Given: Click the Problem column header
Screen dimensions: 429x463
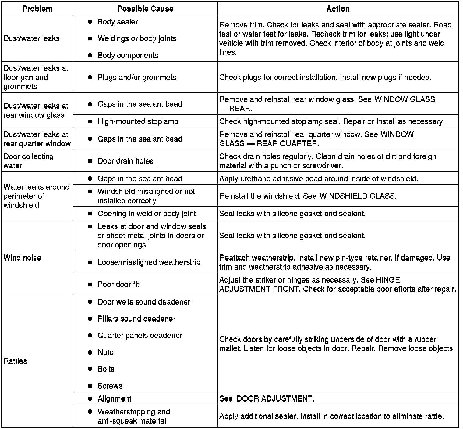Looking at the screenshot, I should click(x=37, y=9).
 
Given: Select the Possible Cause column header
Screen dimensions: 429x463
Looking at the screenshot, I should click(x=145, y=9).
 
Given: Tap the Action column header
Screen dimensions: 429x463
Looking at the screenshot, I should click(x=338, y=9).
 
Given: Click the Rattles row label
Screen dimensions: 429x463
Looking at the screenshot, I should click(x=16, y=361).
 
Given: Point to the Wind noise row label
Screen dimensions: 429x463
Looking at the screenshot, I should click(x=22, y=258).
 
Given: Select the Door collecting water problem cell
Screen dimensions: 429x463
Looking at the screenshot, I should click(x=29, y=161).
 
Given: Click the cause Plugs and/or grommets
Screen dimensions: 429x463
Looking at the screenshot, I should click(x=137, y=77).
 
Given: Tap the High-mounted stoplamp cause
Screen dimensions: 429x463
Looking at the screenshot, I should click(x=138, y=121).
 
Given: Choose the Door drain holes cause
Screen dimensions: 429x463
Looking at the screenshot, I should click(x=125, y=161).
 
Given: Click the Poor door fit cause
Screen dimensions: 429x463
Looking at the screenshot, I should click(x=118, y=284).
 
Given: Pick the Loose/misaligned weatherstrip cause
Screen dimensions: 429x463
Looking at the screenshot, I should click(x=149, y=262).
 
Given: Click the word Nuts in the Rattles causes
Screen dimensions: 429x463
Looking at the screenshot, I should click(x=105, y=352).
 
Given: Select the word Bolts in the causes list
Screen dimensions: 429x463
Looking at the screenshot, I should click(x=106, y=369).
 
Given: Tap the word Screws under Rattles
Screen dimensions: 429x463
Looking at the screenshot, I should click(x=110, y=386).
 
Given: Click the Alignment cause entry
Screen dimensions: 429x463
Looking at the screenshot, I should click(x=115, y=398).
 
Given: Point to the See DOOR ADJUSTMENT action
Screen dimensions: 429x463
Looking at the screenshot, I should click(x=267, y=398).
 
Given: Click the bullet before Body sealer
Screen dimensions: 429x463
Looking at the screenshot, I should click(x=90, y=22).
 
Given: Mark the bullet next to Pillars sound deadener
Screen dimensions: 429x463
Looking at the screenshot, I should click(x=90, y=319).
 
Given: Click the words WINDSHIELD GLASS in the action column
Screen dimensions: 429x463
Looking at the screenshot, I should click(x=358, y=196).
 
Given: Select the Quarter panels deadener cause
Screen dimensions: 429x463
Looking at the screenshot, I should click(x=140, y=335).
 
